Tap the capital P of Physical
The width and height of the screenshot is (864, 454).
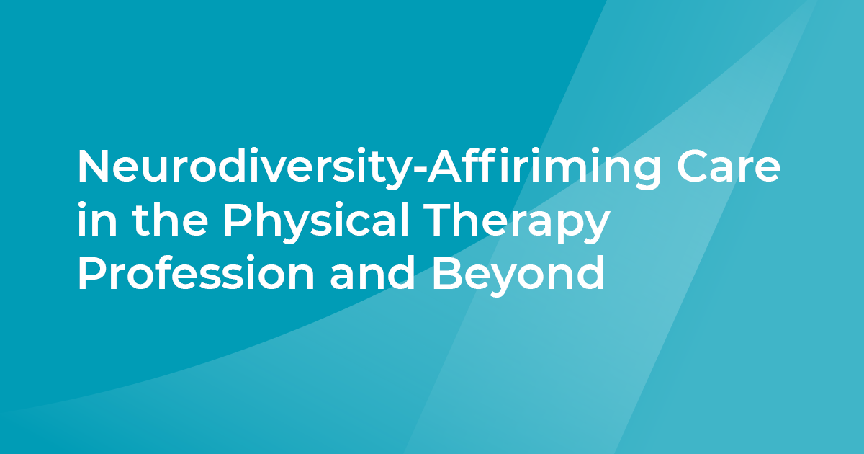click(235, 222)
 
